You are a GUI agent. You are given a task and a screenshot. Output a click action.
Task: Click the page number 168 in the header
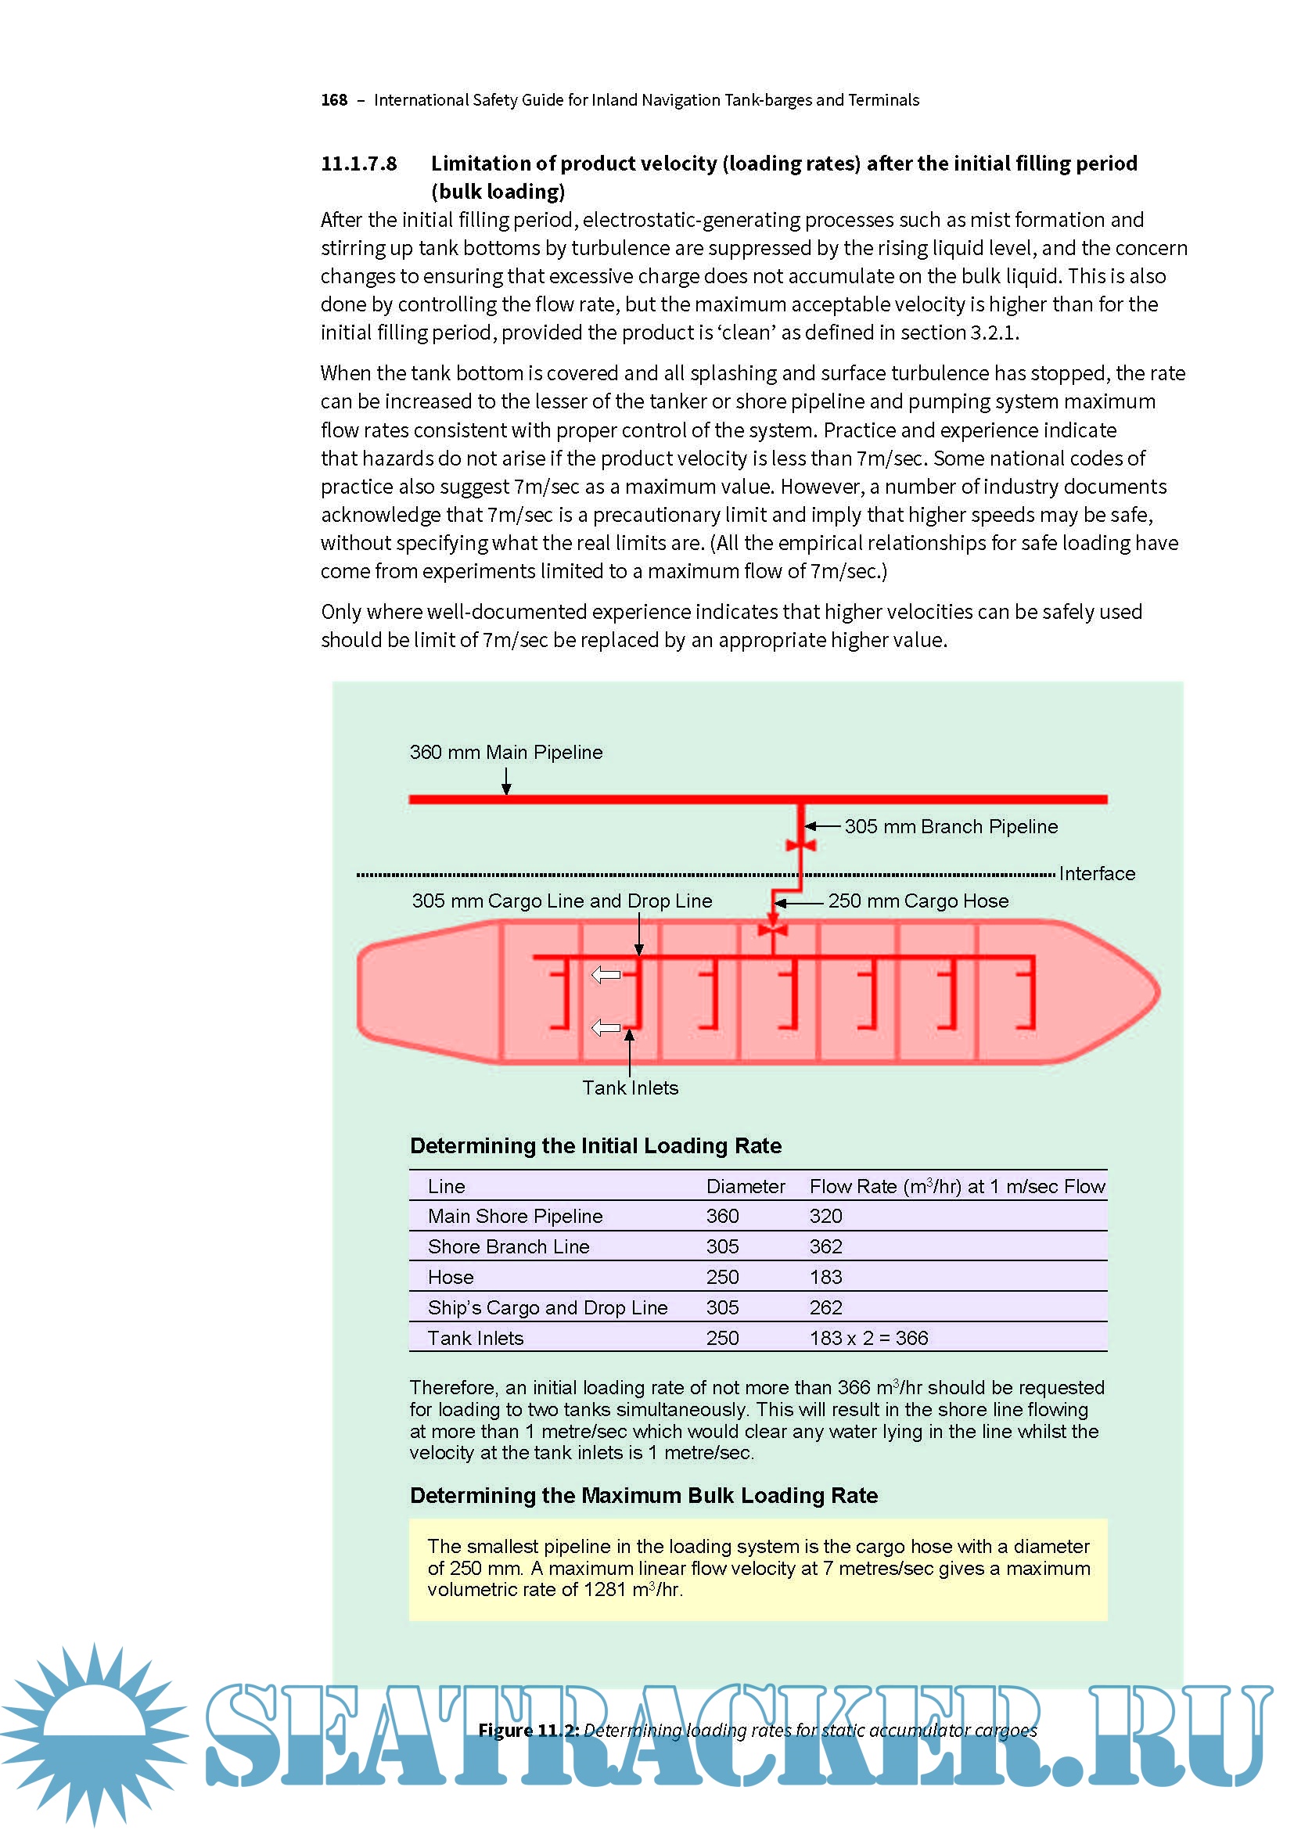coord(334,100)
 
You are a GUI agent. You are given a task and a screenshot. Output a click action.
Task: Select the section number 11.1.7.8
coord(358,164)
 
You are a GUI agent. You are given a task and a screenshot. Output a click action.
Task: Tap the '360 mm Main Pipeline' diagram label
coord(506,753)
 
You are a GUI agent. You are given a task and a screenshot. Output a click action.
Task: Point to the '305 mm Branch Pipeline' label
coord(951,826)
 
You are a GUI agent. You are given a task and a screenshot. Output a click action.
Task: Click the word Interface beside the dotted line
coord(1096,875)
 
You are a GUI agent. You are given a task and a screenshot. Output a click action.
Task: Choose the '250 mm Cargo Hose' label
coord(918,901)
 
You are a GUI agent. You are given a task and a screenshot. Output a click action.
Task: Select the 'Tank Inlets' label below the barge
coord(631,1088)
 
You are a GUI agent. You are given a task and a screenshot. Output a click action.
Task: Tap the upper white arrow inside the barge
coord(606,975)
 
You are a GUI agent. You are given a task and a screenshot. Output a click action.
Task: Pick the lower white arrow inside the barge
coord(606,1028)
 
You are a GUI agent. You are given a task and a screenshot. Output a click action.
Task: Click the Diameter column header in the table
coord(745,1187)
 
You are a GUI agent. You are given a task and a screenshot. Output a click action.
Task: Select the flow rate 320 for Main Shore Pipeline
coord(825,1217)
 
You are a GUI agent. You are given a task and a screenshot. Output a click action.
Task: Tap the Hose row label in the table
coord(451,1278)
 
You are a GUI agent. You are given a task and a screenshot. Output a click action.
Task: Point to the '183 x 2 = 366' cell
coord(868,1338)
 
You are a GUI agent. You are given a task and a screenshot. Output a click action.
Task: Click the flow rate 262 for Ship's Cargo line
coord(825,1308)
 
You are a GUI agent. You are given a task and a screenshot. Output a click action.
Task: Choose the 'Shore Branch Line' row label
coord(509,1247)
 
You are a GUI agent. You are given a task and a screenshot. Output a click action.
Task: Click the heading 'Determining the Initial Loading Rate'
coord(595,1146)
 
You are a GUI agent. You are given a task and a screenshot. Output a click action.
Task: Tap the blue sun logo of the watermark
coord(94,1734)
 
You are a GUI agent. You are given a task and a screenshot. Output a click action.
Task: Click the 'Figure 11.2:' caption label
coord(528,1731)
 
